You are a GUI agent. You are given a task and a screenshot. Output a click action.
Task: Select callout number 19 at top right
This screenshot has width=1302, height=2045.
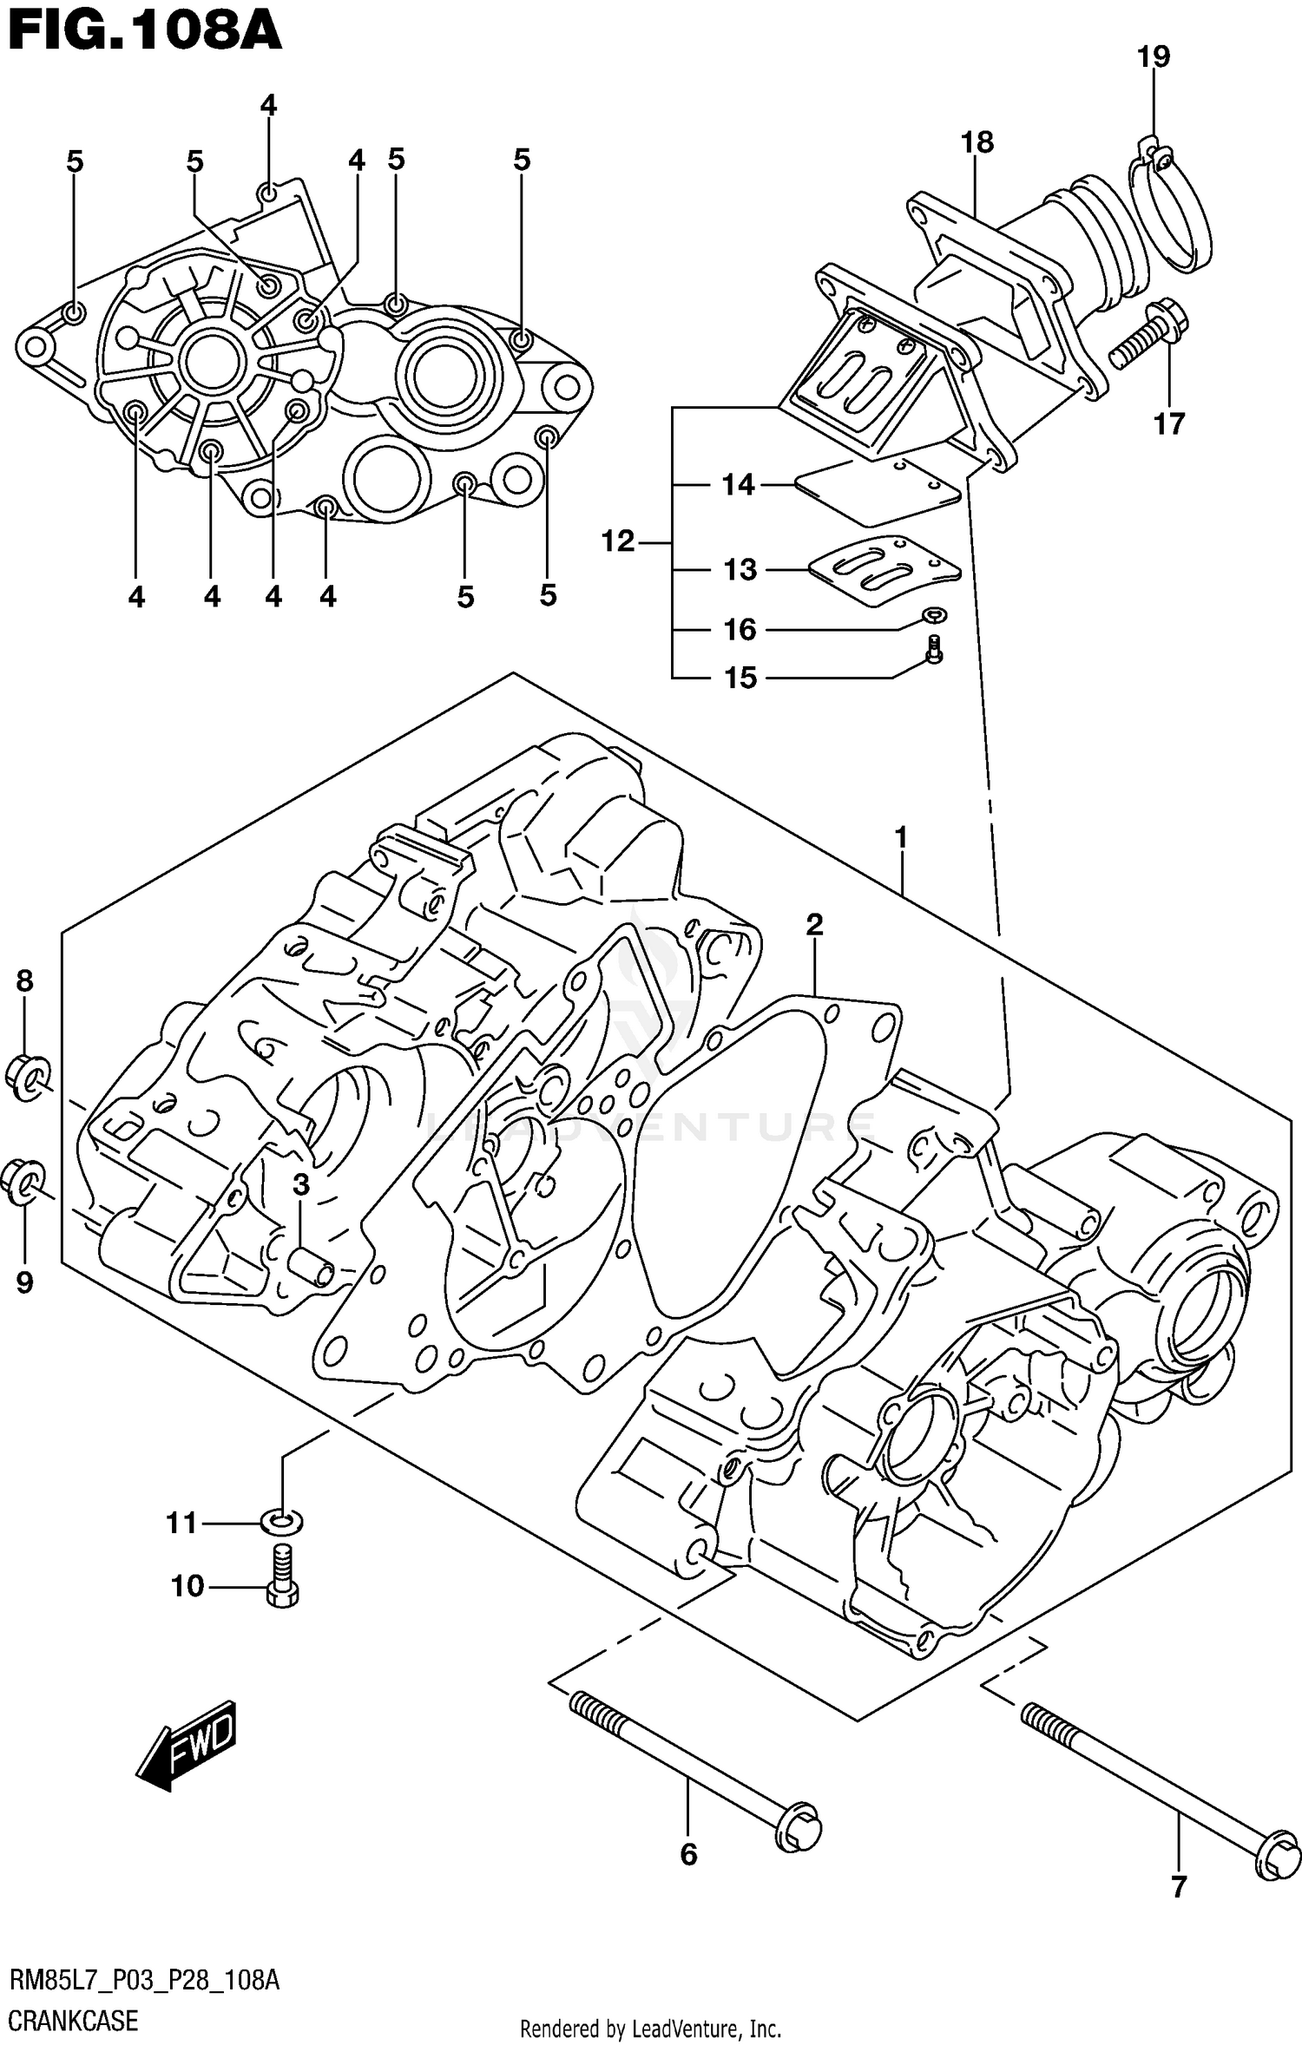click(1153, 57)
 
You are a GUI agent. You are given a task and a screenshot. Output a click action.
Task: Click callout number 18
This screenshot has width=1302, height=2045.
click(976, 142)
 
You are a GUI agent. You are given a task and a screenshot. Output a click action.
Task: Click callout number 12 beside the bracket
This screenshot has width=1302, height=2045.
click(618, 542)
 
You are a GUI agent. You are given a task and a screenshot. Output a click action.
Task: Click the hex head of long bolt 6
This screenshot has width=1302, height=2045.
click(798, 1829)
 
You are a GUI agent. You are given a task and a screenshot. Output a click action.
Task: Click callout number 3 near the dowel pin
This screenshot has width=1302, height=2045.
click(300, 1184)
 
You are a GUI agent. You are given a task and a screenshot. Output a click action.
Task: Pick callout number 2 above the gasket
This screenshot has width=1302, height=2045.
click(813, 925)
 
